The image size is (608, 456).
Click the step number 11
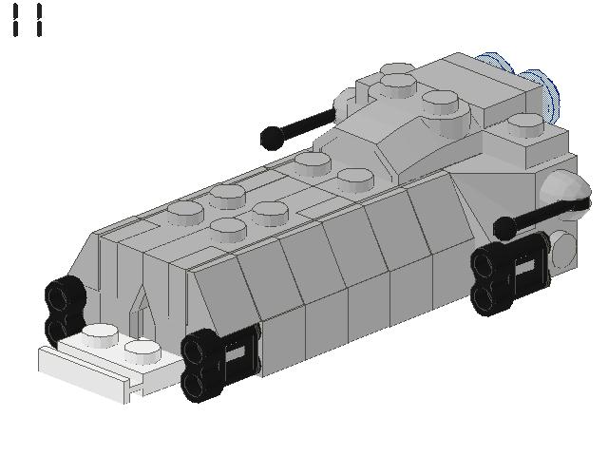click(x=28, y=20)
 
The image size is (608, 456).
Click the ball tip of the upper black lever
click(x=271, y=139)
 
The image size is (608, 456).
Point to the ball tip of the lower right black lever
click(x=504, y=228)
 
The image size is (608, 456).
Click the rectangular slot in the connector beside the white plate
click(x=239, y=352)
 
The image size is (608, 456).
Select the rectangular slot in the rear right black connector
click(x=524, y=269)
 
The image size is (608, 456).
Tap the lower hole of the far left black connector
click(x=58, y=329)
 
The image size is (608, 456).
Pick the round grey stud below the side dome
click(x=562, y=249)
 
